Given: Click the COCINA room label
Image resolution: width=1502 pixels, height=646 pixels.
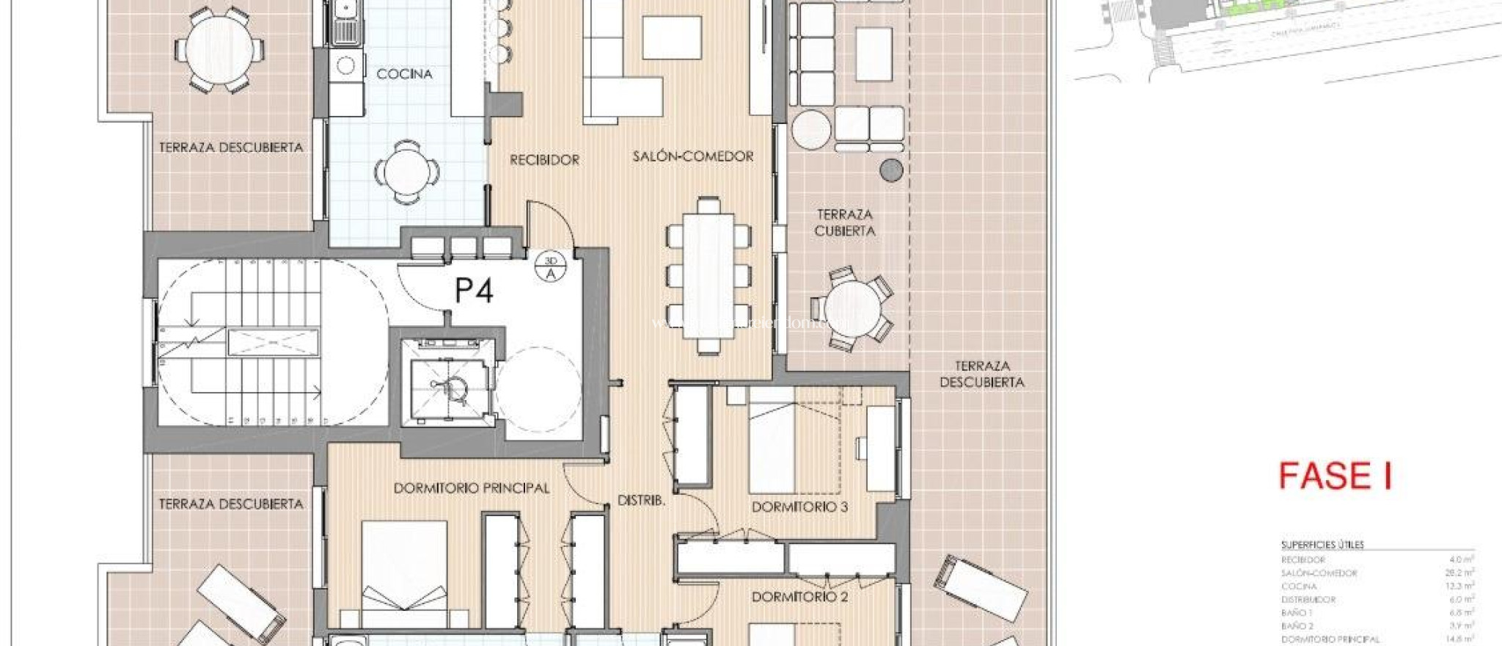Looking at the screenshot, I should point(404,74).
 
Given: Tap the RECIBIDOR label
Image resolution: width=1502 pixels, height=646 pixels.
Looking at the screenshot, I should point(544,159).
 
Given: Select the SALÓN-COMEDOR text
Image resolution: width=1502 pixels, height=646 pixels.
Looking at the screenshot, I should point(693,156).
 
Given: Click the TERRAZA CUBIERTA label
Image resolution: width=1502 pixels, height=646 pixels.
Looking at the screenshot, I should point(845,222).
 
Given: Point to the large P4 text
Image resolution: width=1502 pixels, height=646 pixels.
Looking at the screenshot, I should point(474,291).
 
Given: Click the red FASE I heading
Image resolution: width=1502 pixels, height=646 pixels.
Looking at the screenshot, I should point(1335,476).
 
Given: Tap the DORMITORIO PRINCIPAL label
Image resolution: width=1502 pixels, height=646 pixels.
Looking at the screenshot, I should point(471,488).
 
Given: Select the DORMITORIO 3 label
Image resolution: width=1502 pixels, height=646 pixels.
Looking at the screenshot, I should point(799,507).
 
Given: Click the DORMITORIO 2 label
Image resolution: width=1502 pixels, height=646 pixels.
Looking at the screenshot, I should point(799,597).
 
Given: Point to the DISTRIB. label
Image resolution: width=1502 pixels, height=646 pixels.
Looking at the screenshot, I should point(641,501).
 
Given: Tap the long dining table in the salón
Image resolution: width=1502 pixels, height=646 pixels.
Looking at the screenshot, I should point(708,275).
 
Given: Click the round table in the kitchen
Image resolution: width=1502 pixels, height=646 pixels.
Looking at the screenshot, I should point(407,173).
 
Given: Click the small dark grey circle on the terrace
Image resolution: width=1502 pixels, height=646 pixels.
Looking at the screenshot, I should point(890,170).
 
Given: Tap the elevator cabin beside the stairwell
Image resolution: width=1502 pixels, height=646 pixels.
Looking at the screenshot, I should point(448,384).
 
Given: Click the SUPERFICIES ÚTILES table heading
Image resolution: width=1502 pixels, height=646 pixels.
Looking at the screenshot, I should point(1322,545).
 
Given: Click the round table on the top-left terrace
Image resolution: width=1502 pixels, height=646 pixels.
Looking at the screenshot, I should point(220,49).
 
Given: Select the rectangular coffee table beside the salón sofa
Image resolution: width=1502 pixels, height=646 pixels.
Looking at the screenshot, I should point(672,37).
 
